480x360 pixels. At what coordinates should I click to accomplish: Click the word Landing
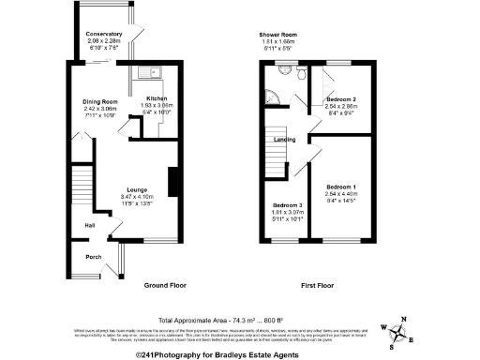(285, 140)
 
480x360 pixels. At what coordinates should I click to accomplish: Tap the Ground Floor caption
(168, 284)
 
